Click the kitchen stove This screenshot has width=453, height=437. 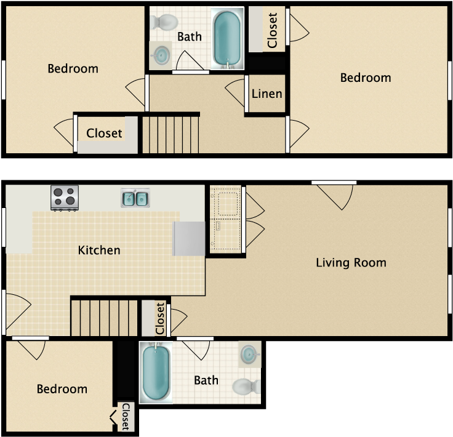pos(65,198)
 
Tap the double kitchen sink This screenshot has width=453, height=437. pos(135,198)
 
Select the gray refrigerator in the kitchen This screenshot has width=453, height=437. pos(189,239)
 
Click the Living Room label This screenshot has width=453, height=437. pos(351,263)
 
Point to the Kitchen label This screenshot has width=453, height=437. pos(99,250)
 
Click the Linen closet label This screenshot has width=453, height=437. pos(267,94)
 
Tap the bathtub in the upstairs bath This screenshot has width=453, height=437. pos(227,38)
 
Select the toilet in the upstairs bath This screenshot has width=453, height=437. pos(164,22)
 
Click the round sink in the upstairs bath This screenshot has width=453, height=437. pos(161,55)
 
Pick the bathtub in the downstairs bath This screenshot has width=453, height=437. pos(156,372)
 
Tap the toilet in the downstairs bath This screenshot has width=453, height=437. pos(246,386)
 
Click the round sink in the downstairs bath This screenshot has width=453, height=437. pos(250,354)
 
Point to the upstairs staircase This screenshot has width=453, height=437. pos(170,135)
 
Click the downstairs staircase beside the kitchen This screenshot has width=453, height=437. pos(104,318)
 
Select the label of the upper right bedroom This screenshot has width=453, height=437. pos(366,78)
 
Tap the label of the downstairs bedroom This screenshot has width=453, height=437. pos(62,389)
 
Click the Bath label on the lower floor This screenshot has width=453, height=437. pos(206,380)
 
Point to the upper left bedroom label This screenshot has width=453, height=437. pos(73,69)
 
